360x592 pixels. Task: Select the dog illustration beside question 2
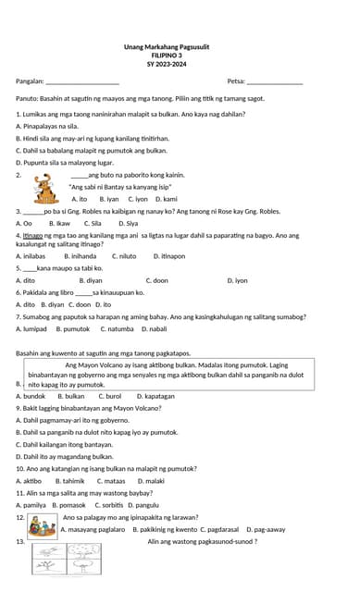click(43, 189)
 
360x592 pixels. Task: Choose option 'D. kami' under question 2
click(167, 199)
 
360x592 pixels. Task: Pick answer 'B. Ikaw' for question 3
click(58, 223)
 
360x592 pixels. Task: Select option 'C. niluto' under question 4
click(124, 255)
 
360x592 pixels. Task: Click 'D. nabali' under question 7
click(153, 328)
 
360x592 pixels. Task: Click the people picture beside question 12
click(41, 526)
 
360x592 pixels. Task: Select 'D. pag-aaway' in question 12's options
click(266, 529)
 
